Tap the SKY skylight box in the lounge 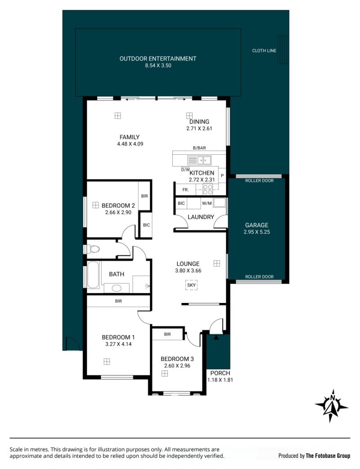coord(191,285)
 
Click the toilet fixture coord(93,249)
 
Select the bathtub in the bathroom coord(93,275)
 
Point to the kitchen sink coord(199,160)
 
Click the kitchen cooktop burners coord(208,189)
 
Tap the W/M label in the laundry coord(207,203)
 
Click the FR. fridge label coord(185,189)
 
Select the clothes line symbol coord(283,50)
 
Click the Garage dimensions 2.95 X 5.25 coord(257,232)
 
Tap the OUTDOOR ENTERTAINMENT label coord(158,59)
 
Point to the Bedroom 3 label coord(177,359)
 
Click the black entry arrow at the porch coord(216,338)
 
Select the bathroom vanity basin coord(116,289)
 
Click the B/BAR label coord(199,148)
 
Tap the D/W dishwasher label coord(185,170)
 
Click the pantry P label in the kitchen coord(222,176)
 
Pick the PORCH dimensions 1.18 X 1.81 coord(220,380)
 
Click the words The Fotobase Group coord(328,456)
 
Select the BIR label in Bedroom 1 coord(118,301)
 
